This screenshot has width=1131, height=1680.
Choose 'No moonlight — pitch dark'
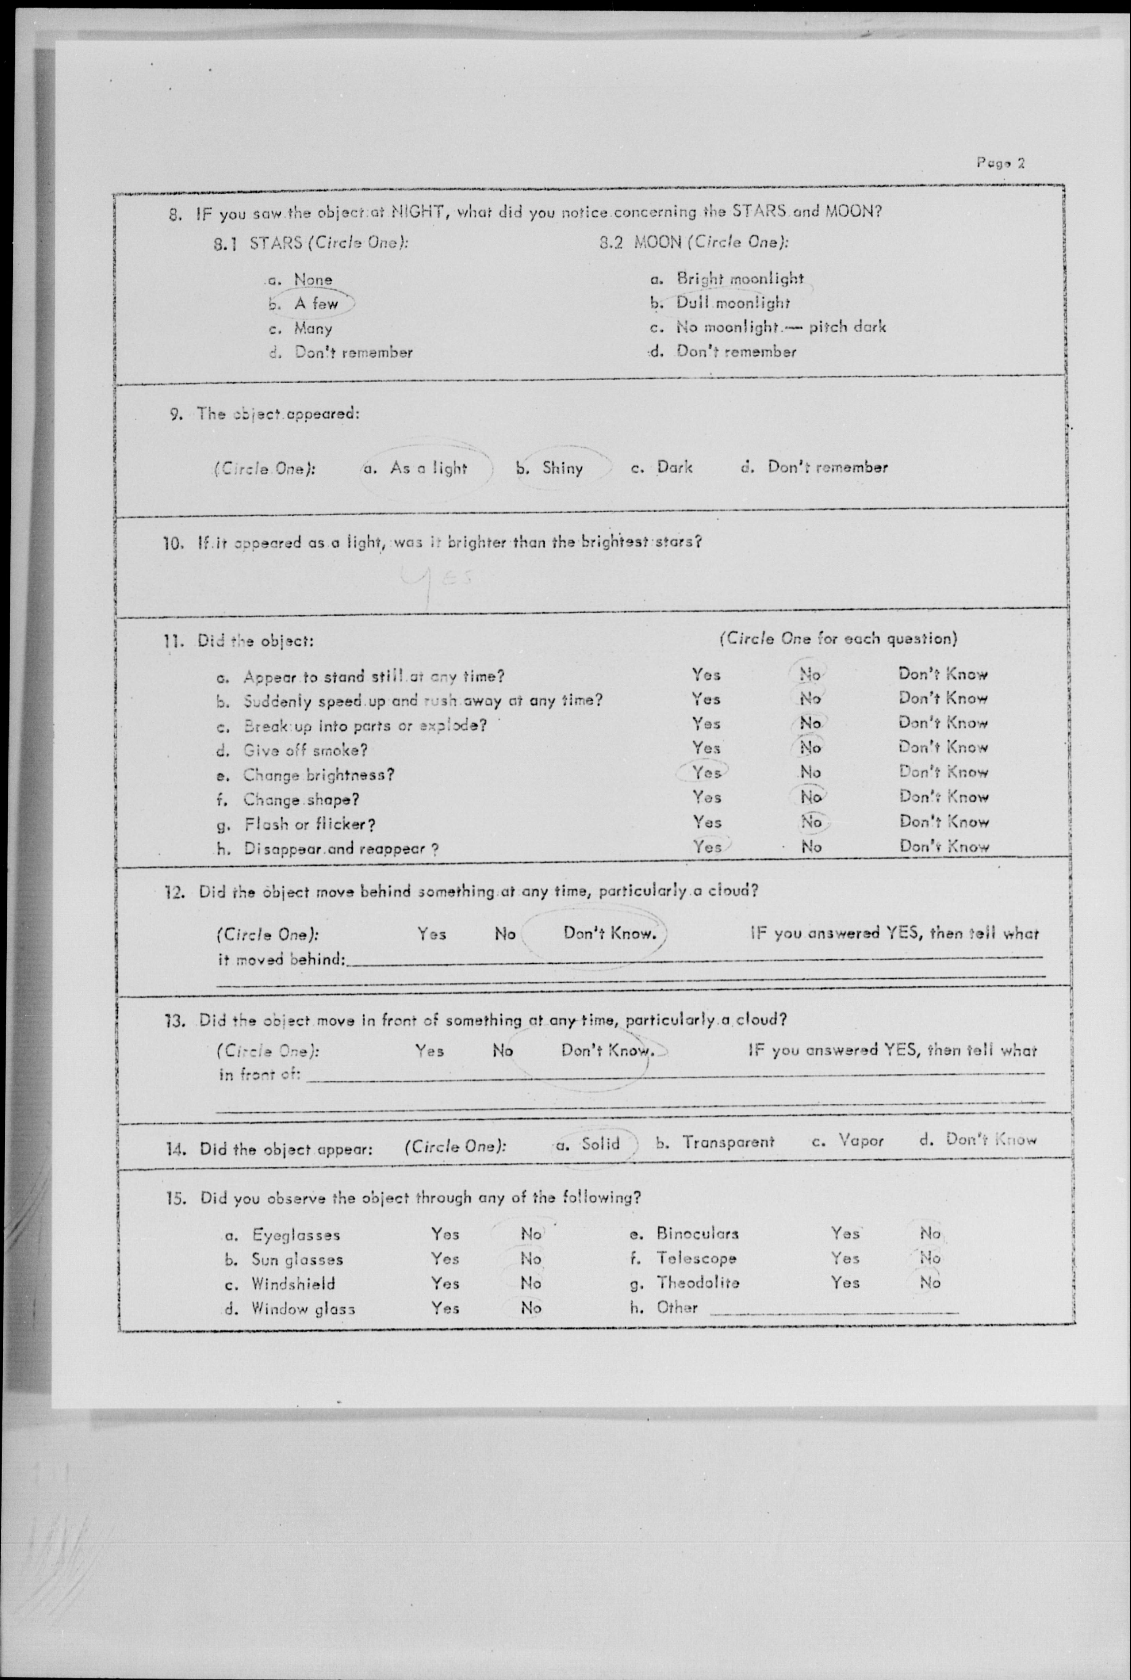coord(780,327)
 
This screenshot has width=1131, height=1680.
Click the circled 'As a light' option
coord(428,468)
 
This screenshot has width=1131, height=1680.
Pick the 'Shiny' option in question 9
coord(562,468)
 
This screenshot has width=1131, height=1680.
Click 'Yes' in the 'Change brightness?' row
coord(706,772)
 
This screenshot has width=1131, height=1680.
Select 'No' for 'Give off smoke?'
coord(810,748)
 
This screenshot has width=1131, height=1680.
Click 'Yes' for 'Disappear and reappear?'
coord(707,846)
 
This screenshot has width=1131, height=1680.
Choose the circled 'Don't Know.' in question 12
coord(610,933)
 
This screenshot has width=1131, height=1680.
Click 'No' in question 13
coord(503,1050)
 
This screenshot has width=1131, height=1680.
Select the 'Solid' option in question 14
coord(600,1143)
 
